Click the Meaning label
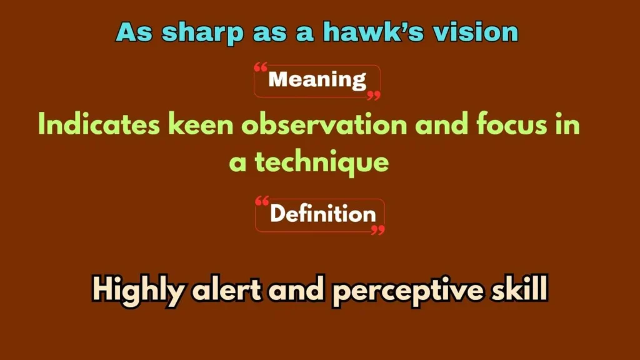point(317,80)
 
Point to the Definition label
point(322,214)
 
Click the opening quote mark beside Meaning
point(261,67)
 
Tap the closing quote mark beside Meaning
point(374,96)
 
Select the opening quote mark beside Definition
point(262,201)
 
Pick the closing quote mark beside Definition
point(377,230)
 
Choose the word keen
point(201,125)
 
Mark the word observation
point(324,125)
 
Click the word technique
point(321,163)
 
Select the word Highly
point(138,290)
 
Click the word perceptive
point(406,291)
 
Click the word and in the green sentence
point(443,125)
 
